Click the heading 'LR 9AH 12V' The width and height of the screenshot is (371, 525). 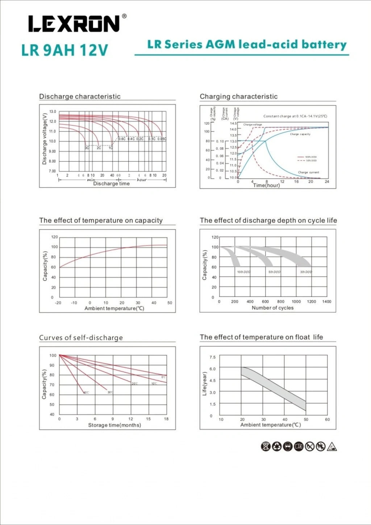tap(64, 50)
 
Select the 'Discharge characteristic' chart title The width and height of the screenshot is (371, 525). tap(80, 96)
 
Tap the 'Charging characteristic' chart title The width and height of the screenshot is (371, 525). tap(238, 96)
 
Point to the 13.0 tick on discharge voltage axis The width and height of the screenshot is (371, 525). tap(53, 112)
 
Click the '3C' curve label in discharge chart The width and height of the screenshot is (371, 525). tap(87, 148)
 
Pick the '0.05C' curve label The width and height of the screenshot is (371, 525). tap(162, 139)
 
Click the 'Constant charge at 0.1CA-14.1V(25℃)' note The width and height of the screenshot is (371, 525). tap(295, 116)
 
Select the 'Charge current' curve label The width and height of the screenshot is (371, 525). tap(308, 173)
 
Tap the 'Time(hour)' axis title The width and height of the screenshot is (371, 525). tap(266, 185)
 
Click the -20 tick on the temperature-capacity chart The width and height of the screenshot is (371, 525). tap(58, 303)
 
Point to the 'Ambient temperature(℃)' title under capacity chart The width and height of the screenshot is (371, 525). tap(114, 309)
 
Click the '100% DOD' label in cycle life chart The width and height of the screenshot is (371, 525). tap(243, 272)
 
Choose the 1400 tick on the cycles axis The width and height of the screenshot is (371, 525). tap(326, 302)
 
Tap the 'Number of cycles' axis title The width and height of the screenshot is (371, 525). tap(272, 308)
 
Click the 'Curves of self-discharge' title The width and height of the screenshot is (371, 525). tap(81, 338)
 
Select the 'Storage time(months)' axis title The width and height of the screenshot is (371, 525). tap(114, 425)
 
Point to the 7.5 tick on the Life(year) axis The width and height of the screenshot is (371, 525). tap(212, 357)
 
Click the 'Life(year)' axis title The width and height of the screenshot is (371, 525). tap(204, 384)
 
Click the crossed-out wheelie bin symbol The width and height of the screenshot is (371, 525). tap(266, 447)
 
